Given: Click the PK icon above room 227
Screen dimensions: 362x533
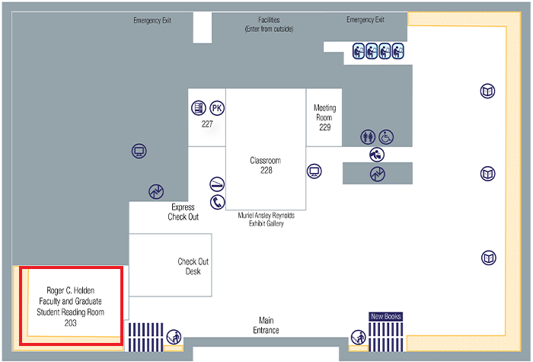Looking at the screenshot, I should click(x=217, y=108).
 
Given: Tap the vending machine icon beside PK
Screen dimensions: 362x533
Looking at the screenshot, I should click(x=199, y=108).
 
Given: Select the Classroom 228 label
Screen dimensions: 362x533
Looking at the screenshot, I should click(x=266, y=165).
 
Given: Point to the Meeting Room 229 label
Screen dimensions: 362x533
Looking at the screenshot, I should click(x=325, y=117).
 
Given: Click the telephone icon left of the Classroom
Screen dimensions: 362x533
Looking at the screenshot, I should click(x=218, y=202).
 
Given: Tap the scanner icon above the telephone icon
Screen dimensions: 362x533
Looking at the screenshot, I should click(x=218, y=184).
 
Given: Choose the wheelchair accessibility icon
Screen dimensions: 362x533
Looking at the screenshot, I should click(x=387, y=137).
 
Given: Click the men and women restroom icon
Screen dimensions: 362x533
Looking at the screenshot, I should click(x=369, y=137).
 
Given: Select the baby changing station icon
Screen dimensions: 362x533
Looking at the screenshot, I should click(x=378, y=154).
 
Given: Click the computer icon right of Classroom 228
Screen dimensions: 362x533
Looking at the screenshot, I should click(x=314, y=170).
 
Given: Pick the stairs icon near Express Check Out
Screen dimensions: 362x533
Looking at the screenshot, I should click(x=156, y=191).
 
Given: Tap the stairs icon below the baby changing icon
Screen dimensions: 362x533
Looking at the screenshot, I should click(x=378, y=174).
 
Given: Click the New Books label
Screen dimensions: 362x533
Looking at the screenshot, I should click(x=385, y=316).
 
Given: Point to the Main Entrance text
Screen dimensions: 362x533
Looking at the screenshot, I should click(x=266, y=325).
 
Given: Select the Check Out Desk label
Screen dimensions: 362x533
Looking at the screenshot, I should click(x=193, y=266).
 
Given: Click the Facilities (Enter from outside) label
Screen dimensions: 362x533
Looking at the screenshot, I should click(x=269, y=24).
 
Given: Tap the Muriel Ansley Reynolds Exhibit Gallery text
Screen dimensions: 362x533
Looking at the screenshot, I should click(x=266, y=219).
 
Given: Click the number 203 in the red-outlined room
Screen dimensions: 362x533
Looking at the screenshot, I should click(x=70, y=323).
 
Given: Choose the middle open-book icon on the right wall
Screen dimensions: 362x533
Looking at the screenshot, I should click(x=488, y=174).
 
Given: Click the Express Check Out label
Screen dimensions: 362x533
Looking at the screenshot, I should click(x=184, y=212).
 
